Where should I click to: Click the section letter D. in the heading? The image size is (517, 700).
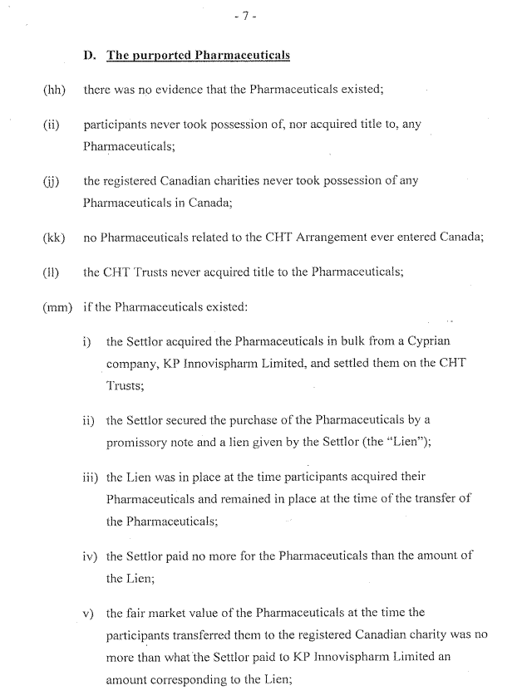[x=91, y=56]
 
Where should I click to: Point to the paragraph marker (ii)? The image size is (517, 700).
[x=52, y=125]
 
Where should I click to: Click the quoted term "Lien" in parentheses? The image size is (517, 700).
[x=406, y=443]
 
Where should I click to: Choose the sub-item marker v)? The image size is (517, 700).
[x=91, y=614]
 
